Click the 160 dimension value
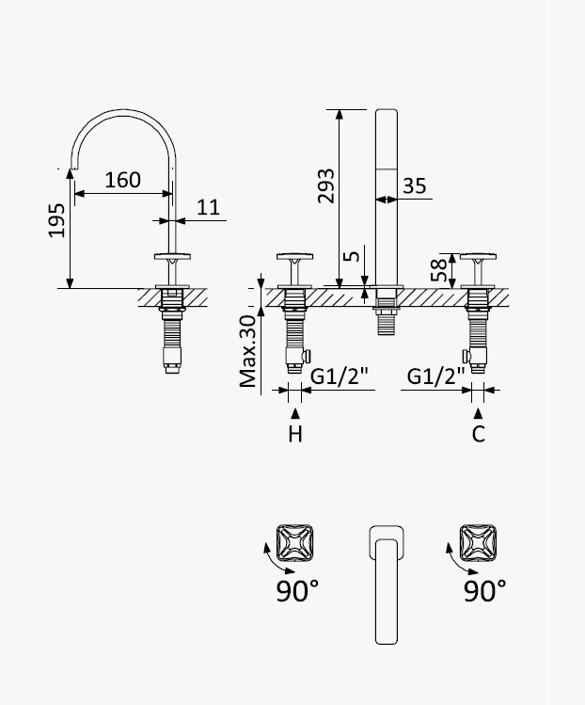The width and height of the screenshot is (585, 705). click(x=122, y=180)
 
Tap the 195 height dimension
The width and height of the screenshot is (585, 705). click(x=56, y=220)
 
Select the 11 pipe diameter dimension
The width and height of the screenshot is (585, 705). click(x=208, y=207)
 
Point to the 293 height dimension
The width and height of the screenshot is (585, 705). click(x=325, y=186)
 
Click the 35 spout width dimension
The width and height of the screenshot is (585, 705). click(x=414, y=185)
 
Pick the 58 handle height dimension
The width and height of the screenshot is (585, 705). click(x=439, y=270)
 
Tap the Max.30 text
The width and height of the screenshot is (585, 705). click(x=247, y=351)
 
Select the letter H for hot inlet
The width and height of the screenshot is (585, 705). click(x=295, y=434)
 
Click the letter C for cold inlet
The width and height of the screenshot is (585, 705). click(x=478, y=434)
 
